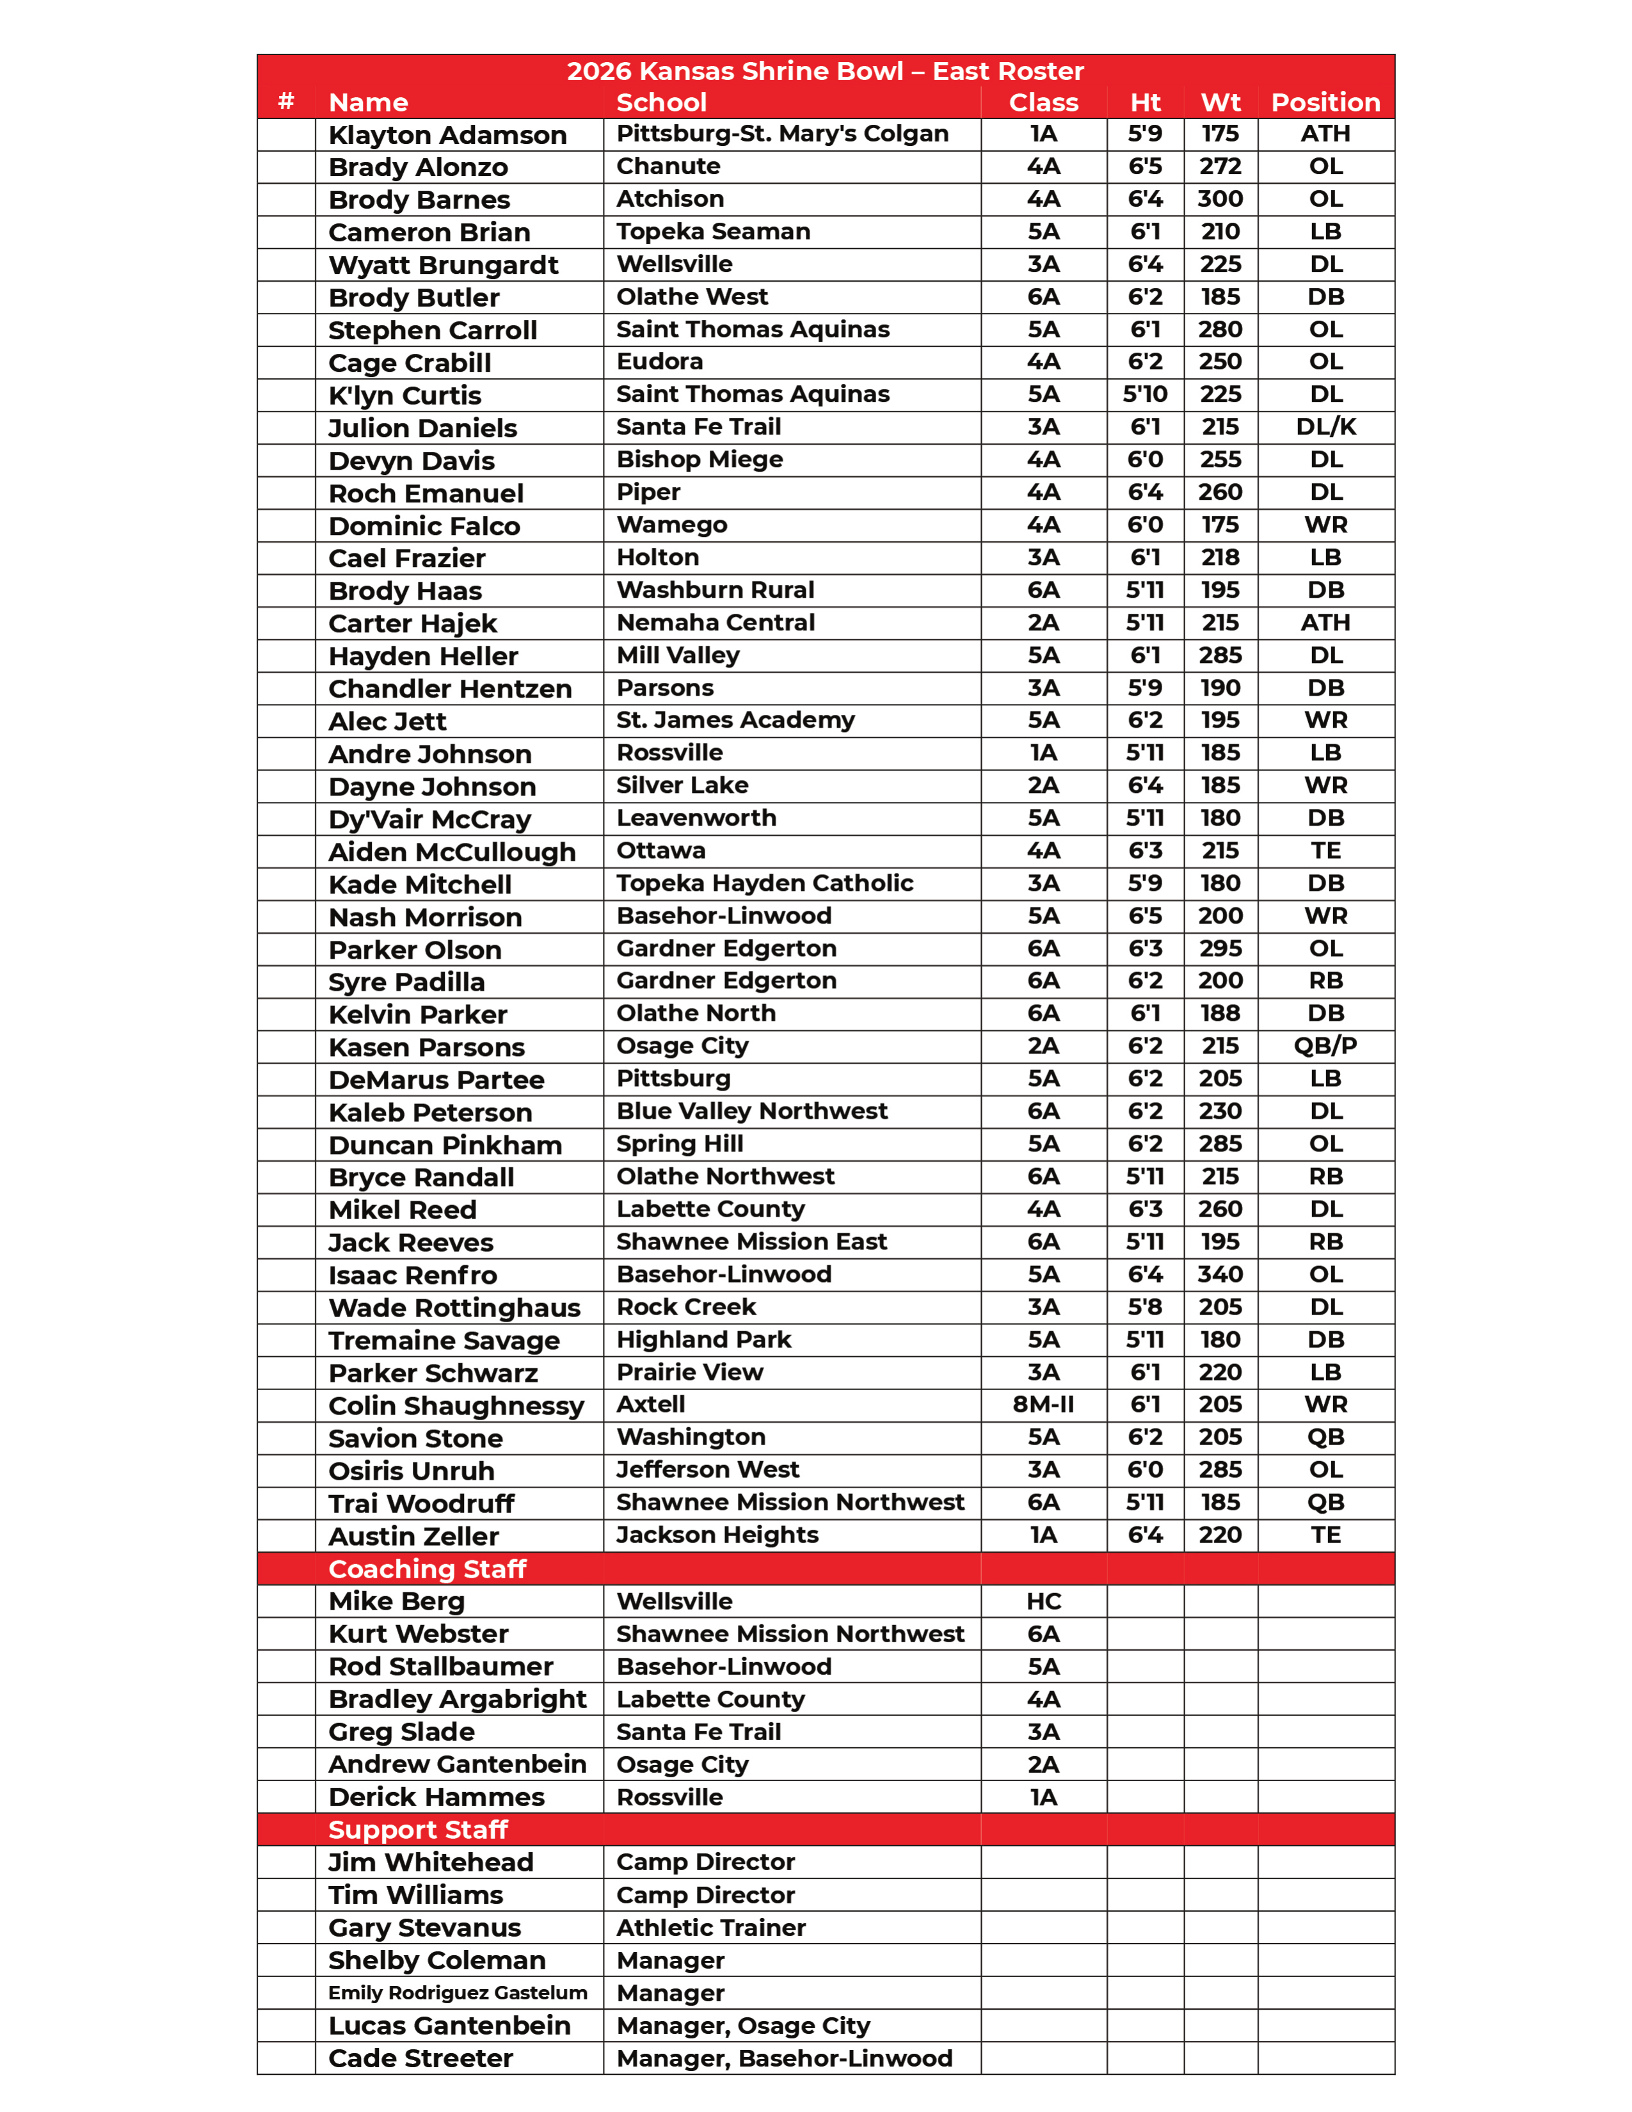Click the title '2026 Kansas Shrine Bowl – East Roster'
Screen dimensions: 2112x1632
pyautogui.click(x=825, y=70)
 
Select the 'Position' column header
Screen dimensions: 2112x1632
pyautogui.click(x=1325, y=102)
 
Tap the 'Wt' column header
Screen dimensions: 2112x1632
pyautogui.click(x=1220, y=102)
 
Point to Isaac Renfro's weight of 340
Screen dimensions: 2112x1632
pyautogui.click(x=1220, y=1274)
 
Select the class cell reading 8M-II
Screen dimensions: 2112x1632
pyautogui.click(x=1043, y=1404)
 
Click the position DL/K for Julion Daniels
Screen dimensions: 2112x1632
pyautogui.click(x=1325, y=426)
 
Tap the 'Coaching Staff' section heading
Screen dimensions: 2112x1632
pyautogui.click(x=428, y=1569)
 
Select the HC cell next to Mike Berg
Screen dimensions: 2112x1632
pyautogui.click(x=1043, y=1601)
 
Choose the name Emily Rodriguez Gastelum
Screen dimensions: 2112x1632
pyautogui.click(x=458, y=1992)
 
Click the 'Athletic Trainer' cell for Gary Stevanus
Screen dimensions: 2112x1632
pyautogui.click(x=710, y=1927)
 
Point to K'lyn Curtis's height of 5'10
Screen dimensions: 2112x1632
pyautogui.click(x=1145, y=394)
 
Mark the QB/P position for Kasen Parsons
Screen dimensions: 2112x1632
pyautogui.click(x=1325, y=1045)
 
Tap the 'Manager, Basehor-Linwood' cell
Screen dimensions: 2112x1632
pyautogui.click(x=784, y=2058)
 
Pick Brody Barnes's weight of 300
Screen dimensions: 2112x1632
pyautogui.click(x=1220, y=199)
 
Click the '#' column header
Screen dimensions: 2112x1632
pyautogui.click(x=286, y=102)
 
